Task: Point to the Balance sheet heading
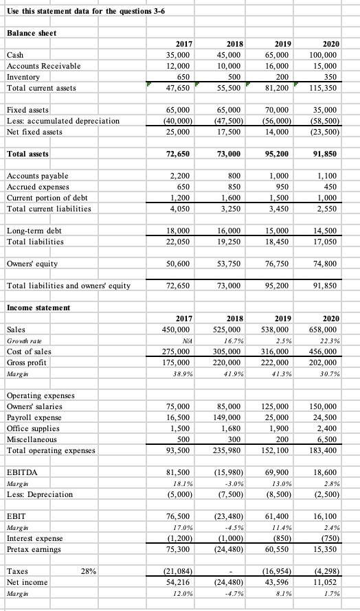(x=31, y=33)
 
